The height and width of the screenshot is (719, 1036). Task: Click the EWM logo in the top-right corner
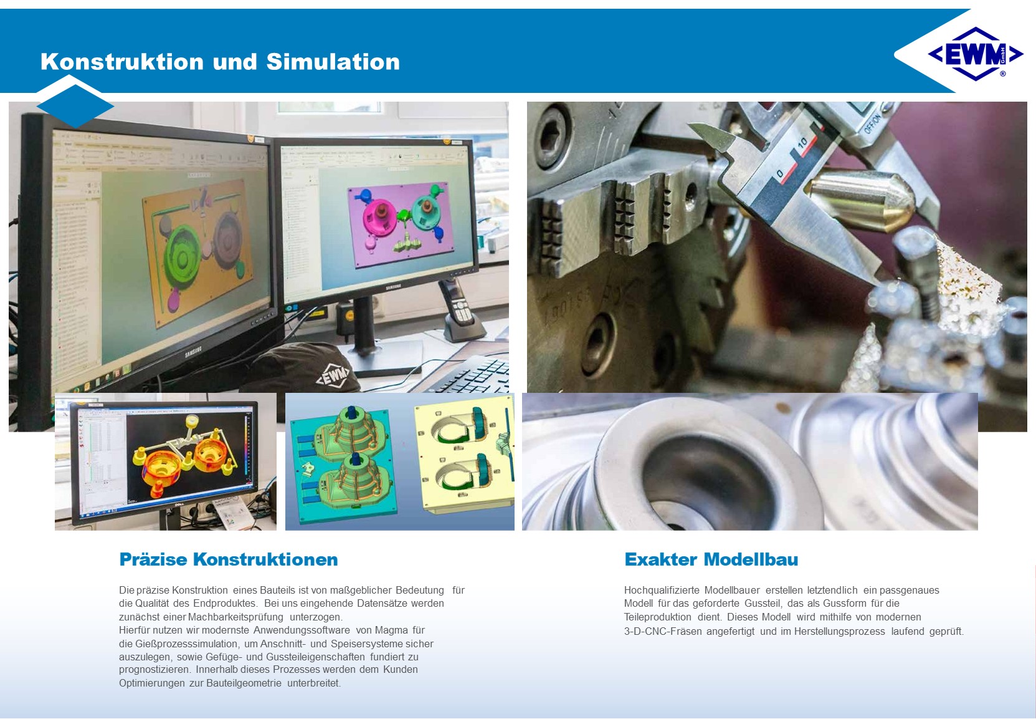pyautogui.click(x=976, y=54)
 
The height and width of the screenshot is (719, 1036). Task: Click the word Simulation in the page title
pyautogui.click(x=333, y=62)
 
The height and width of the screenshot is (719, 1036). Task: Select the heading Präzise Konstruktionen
pyautogui.click(x=229, y=559)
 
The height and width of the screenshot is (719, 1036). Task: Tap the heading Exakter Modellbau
pyautogui.click(x=711, y=559)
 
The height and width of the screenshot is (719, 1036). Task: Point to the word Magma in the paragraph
pyautogui.click(x=392, y=630)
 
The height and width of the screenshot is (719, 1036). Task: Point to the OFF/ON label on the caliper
pyautogui.click(x=872, y=123)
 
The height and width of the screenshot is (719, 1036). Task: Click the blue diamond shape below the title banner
pyautogui.click(x=75, y=106)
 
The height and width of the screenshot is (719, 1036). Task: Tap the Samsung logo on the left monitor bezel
pyautogui.click(x=193, y=352)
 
